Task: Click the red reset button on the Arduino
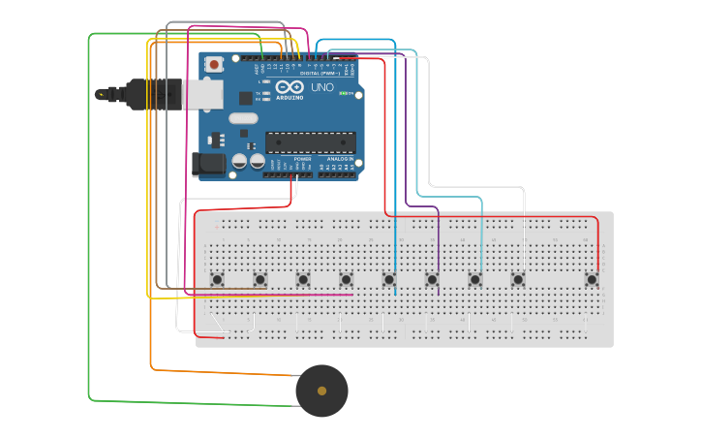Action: tap(213, 64)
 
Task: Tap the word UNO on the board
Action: tap(321, 87)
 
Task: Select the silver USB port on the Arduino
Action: tap(203, 94)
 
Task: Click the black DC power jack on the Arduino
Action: tap(207, 164)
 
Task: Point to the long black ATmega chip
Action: tap(310, 142)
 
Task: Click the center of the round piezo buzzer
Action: tap(321, 391)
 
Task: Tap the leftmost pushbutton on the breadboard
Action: tap(217, 279)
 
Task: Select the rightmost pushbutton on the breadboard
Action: tap(592, 279)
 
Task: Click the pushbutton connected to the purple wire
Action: tap(432, 279)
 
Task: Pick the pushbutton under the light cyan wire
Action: tap(475, 279)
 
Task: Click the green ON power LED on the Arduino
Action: tap(343, 93)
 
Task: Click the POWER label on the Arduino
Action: tap(289, 158)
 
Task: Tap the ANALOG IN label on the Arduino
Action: tap(336, 158)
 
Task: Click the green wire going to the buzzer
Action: tap(90, 242)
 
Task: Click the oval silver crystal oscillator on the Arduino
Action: tap(244, 118)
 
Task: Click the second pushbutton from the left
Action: tap(259, 279)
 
